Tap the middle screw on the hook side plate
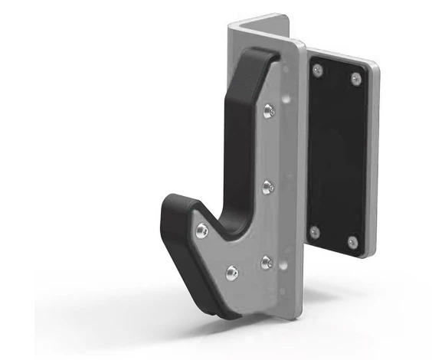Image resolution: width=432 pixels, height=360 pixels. pos(267,186)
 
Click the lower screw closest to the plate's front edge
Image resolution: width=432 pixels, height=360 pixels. pos(267,262)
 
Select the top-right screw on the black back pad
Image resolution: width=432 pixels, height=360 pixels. pos(355,77)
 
